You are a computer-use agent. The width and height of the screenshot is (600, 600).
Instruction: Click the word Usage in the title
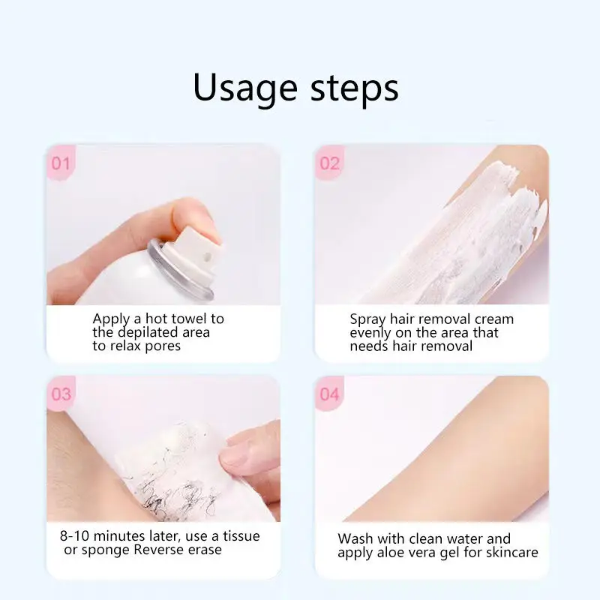(245, 88)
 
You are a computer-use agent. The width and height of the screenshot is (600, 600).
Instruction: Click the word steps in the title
(354, 88)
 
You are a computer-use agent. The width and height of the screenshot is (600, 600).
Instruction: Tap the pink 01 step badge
(61, 163)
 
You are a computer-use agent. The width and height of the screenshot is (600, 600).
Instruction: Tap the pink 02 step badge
(329, 163)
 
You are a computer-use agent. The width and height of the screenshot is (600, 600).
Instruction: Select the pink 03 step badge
(61, 394)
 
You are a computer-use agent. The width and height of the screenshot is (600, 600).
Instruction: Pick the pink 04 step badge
(329, 394)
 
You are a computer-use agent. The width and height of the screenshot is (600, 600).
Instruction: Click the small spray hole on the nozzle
(208, 256)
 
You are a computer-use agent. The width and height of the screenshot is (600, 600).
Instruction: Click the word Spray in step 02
(367, 319)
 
